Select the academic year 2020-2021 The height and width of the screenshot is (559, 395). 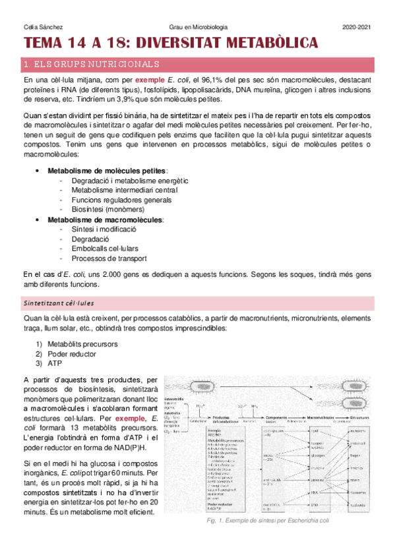(x=357, y=26)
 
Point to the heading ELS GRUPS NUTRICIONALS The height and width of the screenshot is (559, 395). (x=91, y=65)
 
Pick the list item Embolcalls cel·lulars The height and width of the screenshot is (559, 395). (x=107, y=249)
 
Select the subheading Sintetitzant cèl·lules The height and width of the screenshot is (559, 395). (x=59, y=303)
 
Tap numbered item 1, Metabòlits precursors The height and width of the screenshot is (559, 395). (x=82, y=344)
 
